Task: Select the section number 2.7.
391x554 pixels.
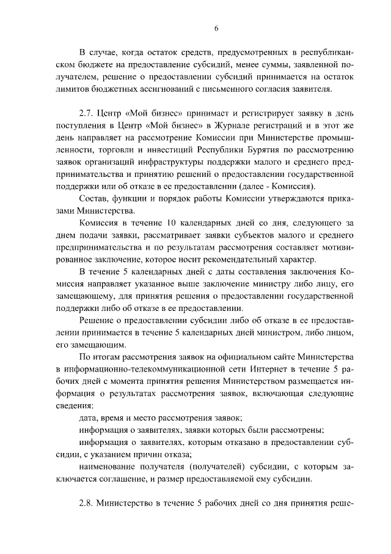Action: (88, 114)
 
